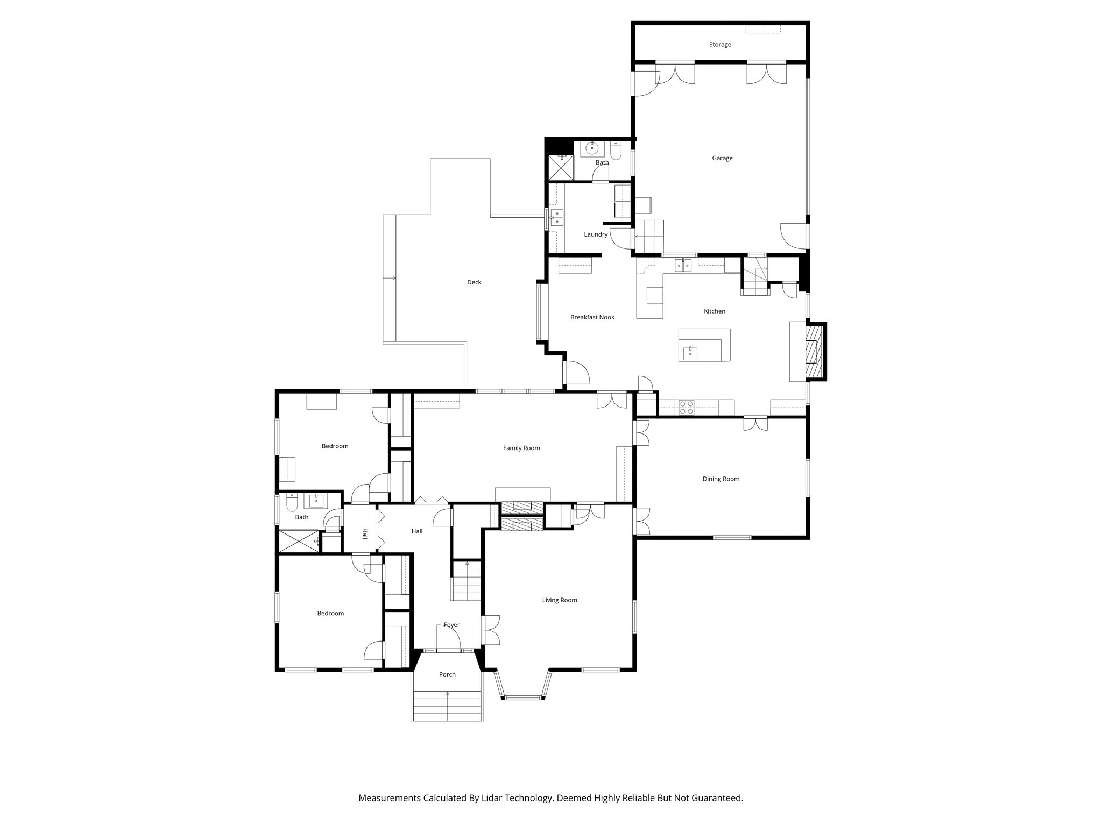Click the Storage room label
tap(719, 45)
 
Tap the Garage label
tap(722, 158)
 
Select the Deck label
tap(474, 282)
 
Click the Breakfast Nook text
tap(592, 317)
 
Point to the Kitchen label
tap(715, 311)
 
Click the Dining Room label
tap(720, 479)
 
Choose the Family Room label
tap(521, 448)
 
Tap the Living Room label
tap(560, 600)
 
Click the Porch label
tap(447, 674)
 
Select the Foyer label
tap(451, 625)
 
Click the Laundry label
tap(596, 234)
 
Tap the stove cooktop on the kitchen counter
tap(686, 408)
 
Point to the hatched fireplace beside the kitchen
tap(814, 352)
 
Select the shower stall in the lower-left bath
tap(296, 541)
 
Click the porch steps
tap(447, 706)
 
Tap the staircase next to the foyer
tap(466, 582)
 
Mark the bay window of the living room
tap(523, 697)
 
